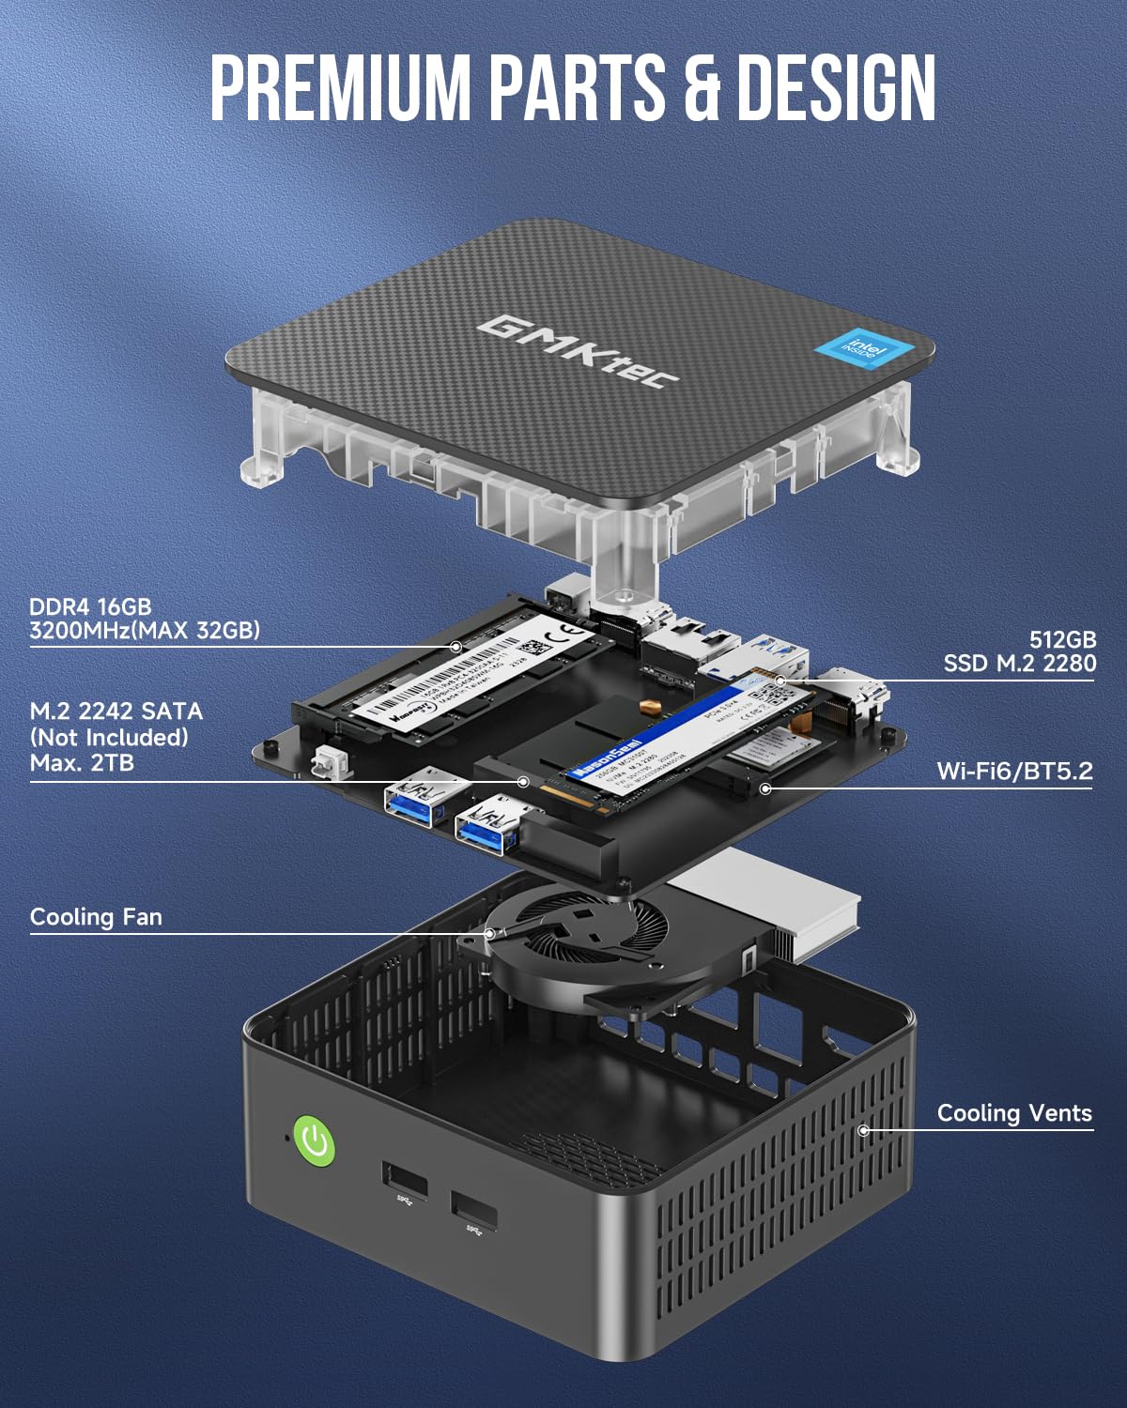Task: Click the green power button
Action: (x=315, y=1141)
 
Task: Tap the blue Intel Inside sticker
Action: (x=863, y=346)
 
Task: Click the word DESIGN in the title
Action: (x=835, y=87)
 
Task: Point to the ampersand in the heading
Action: (x=701, y=87)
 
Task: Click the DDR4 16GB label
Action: (x=90, y=606)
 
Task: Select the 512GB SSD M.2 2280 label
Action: (x=1020, y=651)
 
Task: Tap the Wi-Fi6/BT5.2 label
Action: (x=1014, y=771)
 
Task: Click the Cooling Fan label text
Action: (x=96, y=916)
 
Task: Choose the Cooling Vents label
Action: (x=1014, y=1113)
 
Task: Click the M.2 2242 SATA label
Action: (x=116, y=712)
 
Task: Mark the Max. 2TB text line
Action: (x=82, y=762)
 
